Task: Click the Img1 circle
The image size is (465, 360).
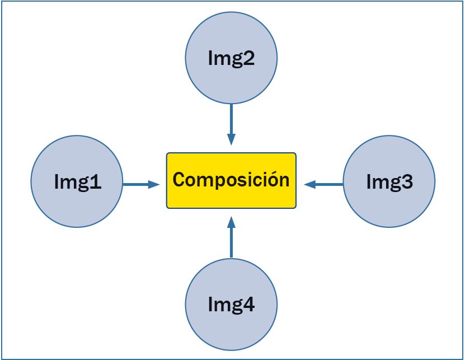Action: (77, 181)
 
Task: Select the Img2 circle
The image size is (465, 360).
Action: (231, 58)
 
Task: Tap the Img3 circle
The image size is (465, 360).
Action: (389, 181)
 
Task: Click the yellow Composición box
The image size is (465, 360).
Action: (231, 180)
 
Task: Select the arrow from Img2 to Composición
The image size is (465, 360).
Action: (231, 123)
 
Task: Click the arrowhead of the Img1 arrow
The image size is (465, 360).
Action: (154, 184)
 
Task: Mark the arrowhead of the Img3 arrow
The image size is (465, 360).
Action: (309, 184)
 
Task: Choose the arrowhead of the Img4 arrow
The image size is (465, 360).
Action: (231, 223)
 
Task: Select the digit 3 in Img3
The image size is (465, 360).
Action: (407, 182)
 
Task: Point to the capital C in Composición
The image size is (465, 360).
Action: (179, 180)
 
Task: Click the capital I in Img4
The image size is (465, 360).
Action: (210, 305)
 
